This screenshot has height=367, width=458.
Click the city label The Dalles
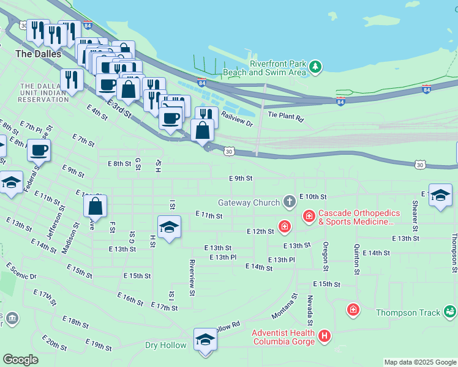click(x=38, y=54)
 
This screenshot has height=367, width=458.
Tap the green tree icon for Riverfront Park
click(x=315, y=67)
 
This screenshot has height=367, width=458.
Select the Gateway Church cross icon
click(x=289, y=202)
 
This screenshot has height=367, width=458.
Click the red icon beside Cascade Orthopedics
click(x=309, y=216)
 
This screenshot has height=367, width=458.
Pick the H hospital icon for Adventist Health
click(x=325, y=336)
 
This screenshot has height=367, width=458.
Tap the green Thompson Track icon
click(x=450, y=313)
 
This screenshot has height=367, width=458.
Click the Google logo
click(x=20, y=360)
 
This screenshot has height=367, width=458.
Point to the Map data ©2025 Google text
click(x=419, y=362)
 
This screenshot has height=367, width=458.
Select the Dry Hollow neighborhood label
click(x=165, y=345)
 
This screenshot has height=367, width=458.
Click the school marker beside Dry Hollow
click(x=205, y=339)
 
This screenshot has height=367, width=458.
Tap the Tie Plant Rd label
click(x=285, y=116)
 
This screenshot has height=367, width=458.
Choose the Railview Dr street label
click(x=237, y=119)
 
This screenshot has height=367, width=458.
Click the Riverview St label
click(x=192, y=278)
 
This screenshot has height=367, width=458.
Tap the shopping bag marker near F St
click(x=96, y=207)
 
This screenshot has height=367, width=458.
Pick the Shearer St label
click(x=415, y=212)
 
